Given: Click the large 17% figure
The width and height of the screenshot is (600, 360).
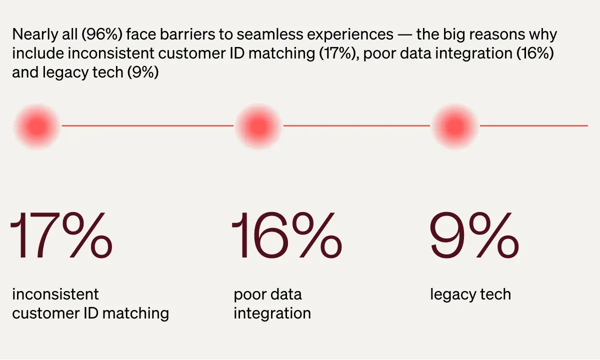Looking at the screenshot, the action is pyautogui.click(x=61, y=235).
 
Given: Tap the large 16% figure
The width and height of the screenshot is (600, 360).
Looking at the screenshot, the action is pyautogui.click(x=286, y=235).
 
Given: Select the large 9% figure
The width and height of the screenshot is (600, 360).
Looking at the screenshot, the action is pyautogui.click(x=474, y=235).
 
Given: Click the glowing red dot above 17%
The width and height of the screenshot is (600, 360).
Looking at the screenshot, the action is pyautogui.click(x=37, y=126).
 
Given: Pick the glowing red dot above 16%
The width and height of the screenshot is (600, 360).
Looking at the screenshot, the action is pyautogui.click(x=258, y=126).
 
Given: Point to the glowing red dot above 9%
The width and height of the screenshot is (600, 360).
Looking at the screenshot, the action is pyautogui.click(x=455, y=126).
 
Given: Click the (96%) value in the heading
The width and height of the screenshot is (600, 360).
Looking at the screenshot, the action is pyautogui.click(x=102, y=35).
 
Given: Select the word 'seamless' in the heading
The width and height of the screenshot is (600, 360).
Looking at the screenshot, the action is pyautogui.click(x=269, y=34).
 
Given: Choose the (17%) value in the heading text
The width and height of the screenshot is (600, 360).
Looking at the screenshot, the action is pyautogui.click(x=338, y=53).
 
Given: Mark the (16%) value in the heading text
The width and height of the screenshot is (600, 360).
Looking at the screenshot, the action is pyautogui.click(x=535, y=53).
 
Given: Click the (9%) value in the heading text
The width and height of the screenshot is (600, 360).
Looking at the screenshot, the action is pyautogui.click(x=143, y=72).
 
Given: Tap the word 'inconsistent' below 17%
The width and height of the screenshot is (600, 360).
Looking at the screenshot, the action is pyautogui.click(x=55, y=294).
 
